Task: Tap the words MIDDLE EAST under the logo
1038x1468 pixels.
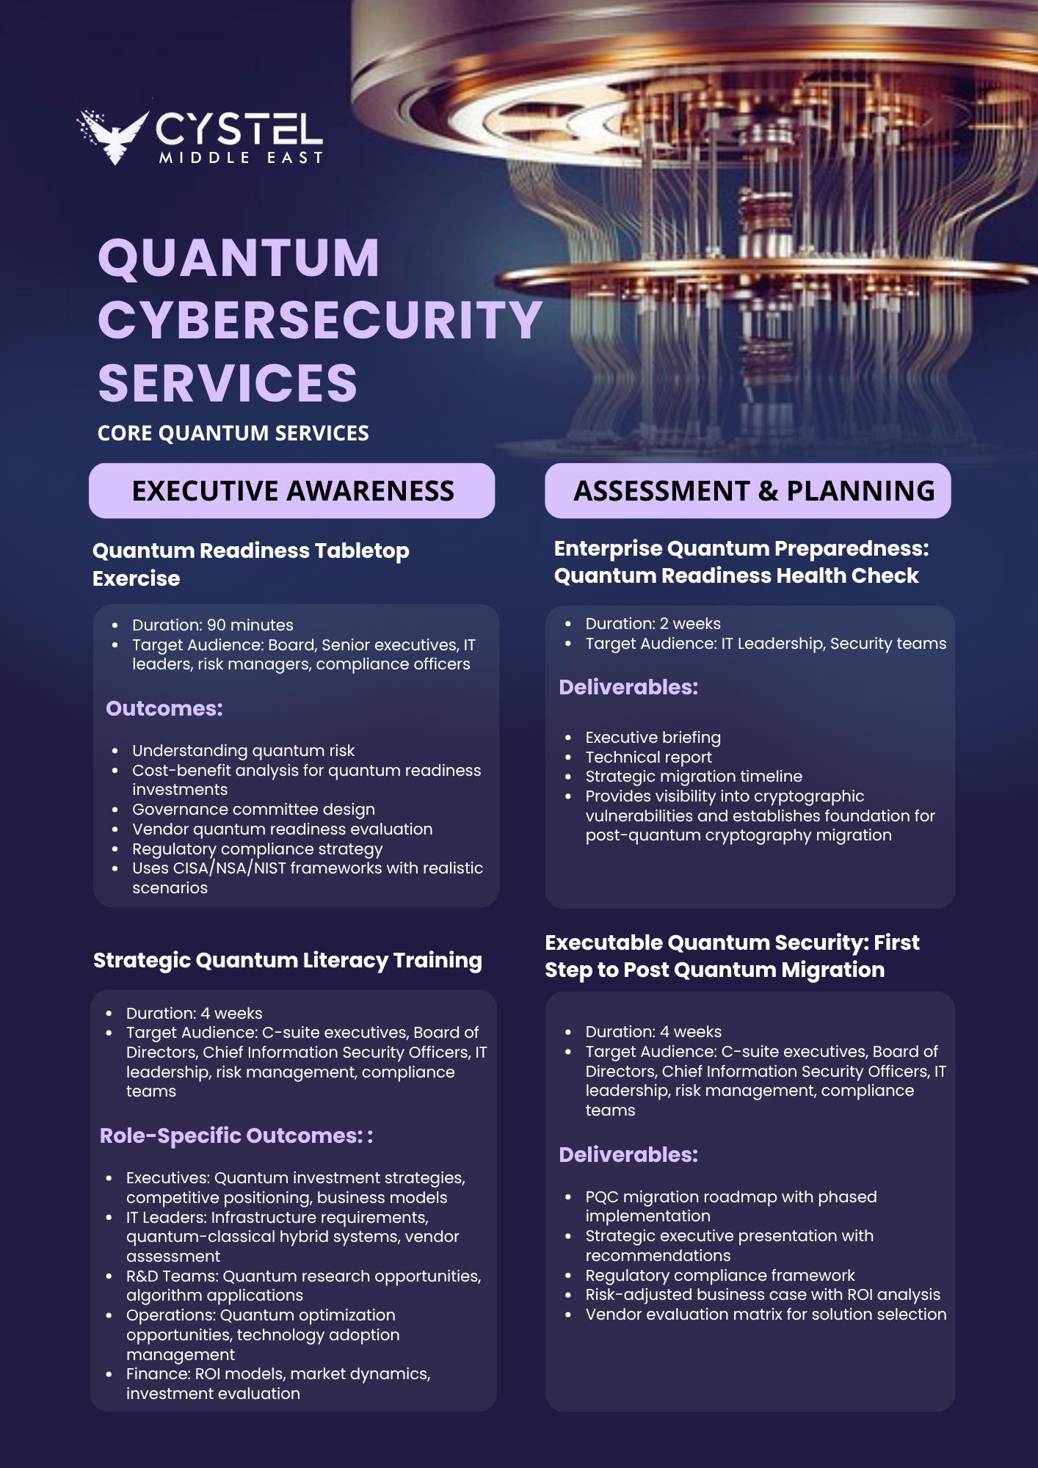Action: pyautogui.click(x=241, y=158)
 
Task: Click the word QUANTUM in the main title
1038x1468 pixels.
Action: pyautogui.click(x=239, y=258)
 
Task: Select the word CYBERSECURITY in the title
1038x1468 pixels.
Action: pyautogui.click(x=320, y=321)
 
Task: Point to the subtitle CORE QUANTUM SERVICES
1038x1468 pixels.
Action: pyautogui.click(x=233, y=433)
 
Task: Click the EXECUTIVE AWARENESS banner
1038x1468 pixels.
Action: pyautogui.click(x=292, y=490)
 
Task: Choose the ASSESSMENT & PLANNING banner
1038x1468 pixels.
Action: pyautogui.click(x=747, y=490)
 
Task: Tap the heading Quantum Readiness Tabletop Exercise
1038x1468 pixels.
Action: pyautogui.click(x=250, y=564)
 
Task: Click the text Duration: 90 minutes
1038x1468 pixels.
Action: pyautogui.click(x=212, y=625)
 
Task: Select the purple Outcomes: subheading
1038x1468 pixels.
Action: pyautogui.click(x=164, y=708)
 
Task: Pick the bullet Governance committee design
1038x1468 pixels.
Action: pyautogui.click(x=253, y=809)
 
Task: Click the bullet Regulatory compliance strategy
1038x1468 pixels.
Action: pyautogui.click(x=257, y=849)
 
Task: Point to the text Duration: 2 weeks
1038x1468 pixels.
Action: pyautogui.click(x=653, y=623)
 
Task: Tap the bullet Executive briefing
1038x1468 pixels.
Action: pyautogui.click(x=653, y=737)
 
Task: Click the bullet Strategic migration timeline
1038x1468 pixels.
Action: pyautogui.click(x=694, y=776)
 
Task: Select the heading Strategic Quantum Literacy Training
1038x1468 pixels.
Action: pyautogui.click(x=288, y=960)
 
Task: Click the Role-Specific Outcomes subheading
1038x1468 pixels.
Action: pyautogui.click(x=236, y=1135)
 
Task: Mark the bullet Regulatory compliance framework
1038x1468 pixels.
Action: pyautogui.click(x=720, y=1275)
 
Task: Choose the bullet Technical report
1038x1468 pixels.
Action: pyautogui.click(x=648, y=757)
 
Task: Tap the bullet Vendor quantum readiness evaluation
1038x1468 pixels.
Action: pyautogui.click(x=282, y=829)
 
